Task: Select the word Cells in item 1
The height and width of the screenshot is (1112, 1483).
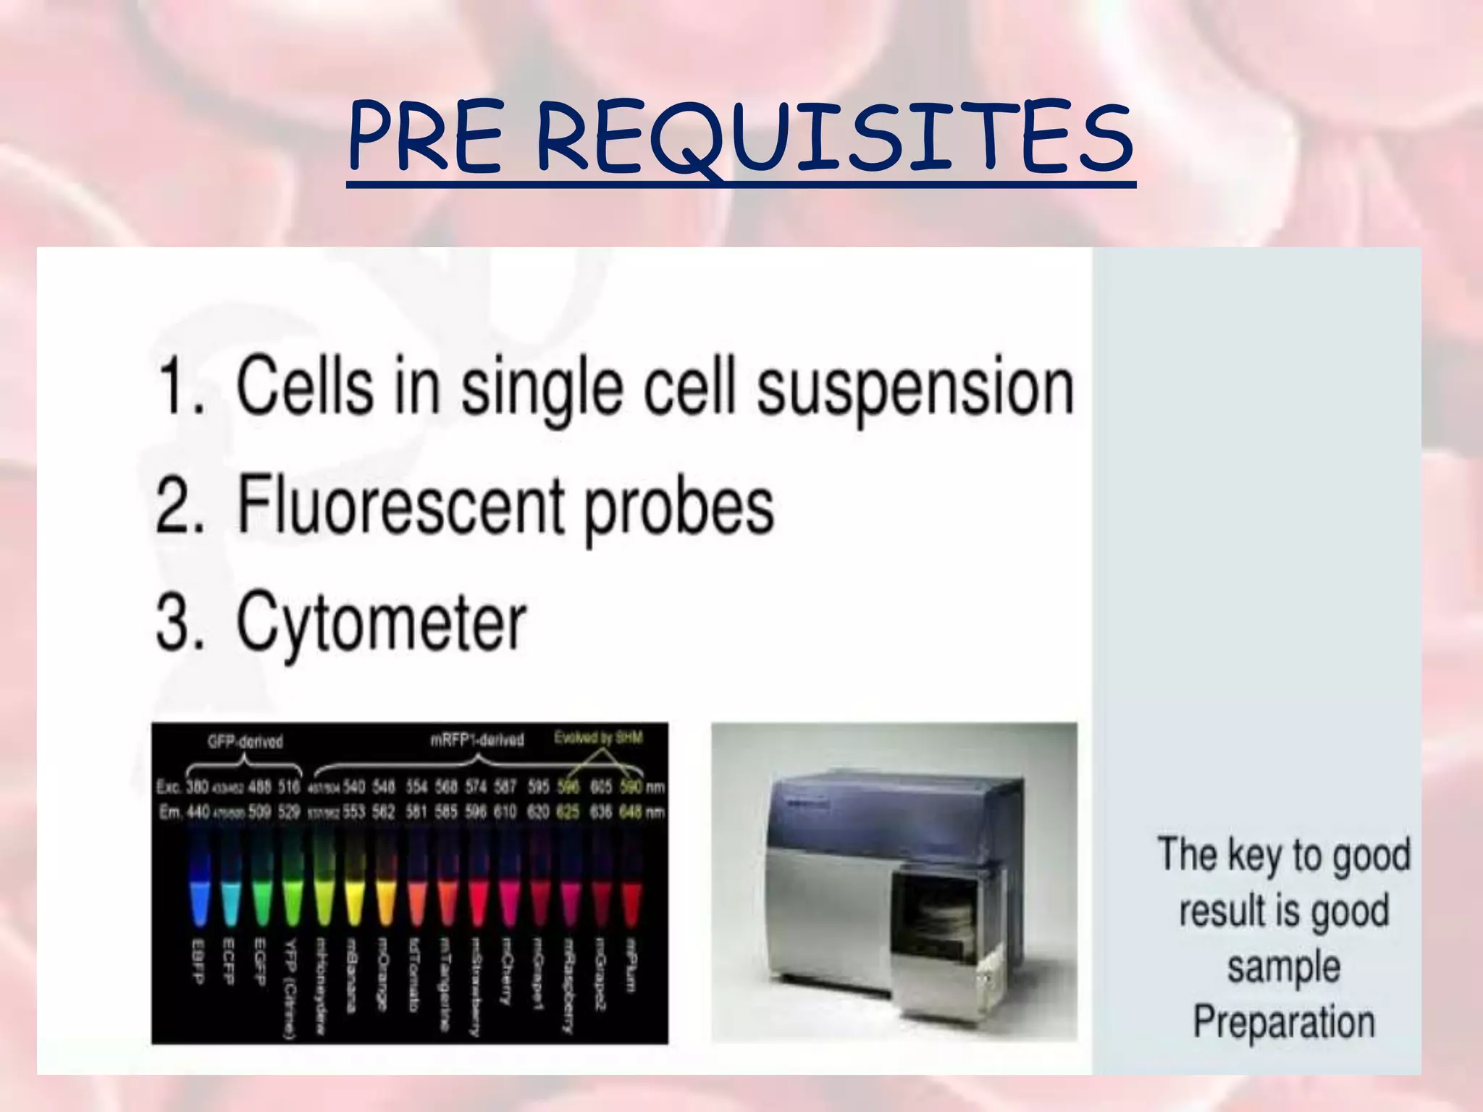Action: point(304,387)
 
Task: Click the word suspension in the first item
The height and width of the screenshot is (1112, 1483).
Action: point(915,391)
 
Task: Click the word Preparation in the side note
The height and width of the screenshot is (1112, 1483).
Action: point(1283,1022)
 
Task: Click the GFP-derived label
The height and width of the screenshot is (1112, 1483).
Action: point(245,741)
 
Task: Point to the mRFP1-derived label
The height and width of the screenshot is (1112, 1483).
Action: point(476,740)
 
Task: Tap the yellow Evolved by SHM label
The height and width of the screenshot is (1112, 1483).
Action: point(598,738)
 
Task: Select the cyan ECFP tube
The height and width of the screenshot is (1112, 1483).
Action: point(230,898)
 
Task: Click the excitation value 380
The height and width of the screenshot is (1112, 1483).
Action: point(197,786)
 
